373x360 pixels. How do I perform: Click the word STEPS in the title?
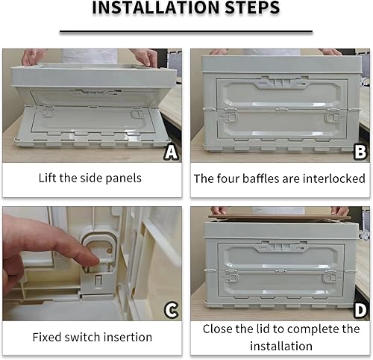point(252,7)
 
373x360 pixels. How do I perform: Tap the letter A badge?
point(171,152)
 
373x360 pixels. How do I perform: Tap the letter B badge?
point(360,152)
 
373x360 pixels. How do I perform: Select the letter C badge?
point(171,310)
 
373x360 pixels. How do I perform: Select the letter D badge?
point(360,310)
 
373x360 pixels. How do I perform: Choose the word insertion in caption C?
point(128,337)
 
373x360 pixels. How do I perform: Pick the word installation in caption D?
point(281,346)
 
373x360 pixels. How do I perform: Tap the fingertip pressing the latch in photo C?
point(93,261)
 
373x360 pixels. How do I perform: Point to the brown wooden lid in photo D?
point(279,218)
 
